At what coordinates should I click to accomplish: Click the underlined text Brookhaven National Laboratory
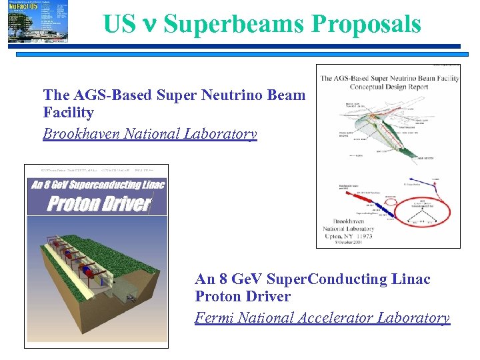[x=149, y=134]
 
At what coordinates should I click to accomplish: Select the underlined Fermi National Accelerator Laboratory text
[x=322, y=318]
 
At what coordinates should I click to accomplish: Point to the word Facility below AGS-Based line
[x=68, y=113]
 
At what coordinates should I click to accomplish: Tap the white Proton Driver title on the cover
[x=99, y=203]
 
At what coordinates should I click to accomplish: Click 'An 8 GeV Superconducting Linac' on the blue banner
[x=97, y=184]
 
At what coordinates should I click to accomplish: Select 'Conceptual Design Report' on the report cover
[x=389, y=86]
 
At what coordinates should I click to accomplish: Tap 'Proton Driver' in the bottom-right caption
[x=243, y=297]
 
